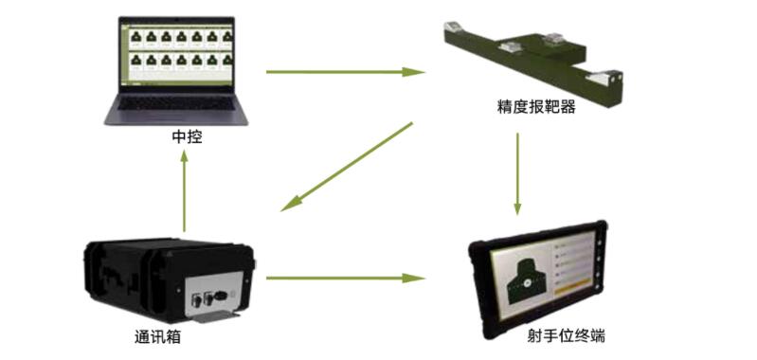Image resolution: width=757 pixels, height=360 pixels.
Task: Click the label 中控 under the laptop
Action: [186, 137]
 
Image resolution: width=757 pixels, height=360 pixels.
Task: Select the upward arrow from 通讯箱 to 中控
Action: [186, 190]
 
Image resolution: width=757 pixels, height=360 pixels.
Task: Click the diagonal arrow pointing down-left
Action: [350, 165]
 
